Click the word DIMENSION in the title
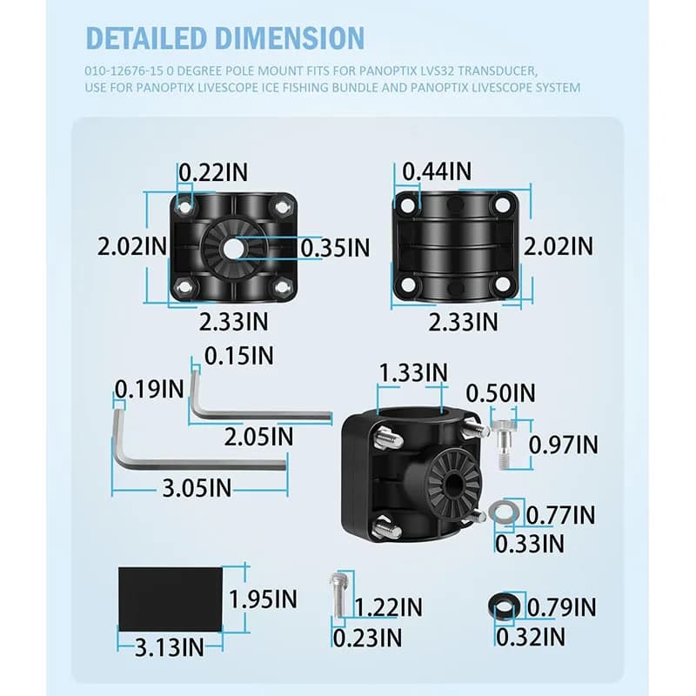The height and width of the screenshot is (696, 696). [291, 38]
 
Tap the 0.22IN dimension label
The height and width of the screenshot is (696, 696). [213, 172]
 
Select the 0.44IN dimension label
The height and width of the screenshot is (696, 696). [437, 171]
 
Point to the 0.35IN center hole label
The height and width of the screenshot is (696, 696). [335, 248]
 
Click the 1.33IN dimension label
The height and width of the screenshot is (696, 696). [413, 372]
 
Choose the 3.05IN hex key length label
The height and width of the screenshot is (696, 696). [197, 488]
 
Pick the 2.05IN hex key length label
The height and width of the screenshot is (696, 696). [258, 438]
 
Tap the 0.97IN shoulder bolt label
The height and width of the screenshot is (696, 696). [563, 445]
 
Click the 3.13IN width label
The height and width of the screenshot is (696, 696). [170, 647]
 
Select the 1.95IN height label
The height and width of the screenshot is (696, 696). [263, 599]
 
